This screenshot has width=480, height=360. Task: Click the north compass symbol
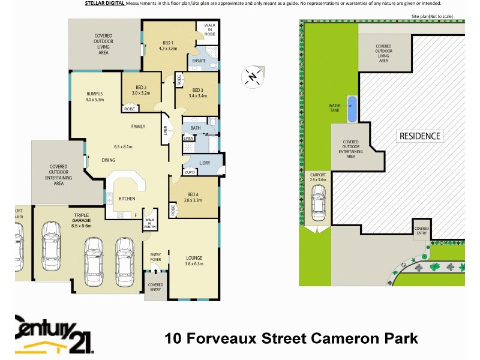253,77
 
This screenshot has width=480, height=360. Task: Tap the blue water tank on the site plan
352,108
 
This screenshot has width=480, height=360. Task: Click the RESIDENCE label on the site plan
419,136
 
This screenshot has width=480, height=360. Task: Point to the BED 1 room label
169,43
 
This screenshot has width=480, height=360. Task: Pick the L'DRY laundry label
205,163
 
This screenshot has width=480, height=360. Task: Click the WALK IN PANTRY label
149,223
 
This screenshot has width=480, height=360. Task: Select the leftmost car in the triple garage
50,251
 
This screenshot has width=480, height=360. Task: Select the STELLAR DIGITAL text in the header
101,4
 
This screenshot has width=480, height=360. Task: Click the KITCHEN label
127,199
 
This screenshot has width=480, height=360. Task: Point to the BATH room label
195,128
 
